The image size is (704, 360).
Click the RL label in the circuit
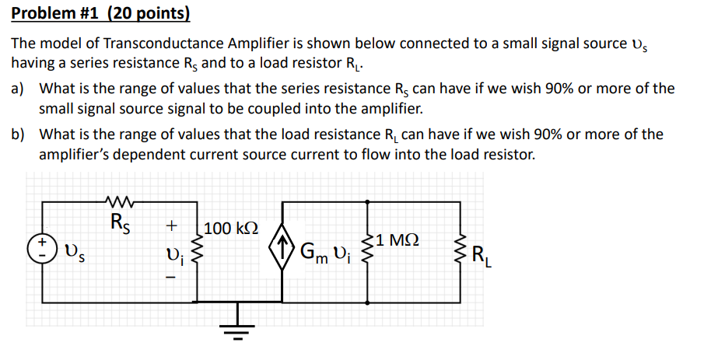tap(482, 254)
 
